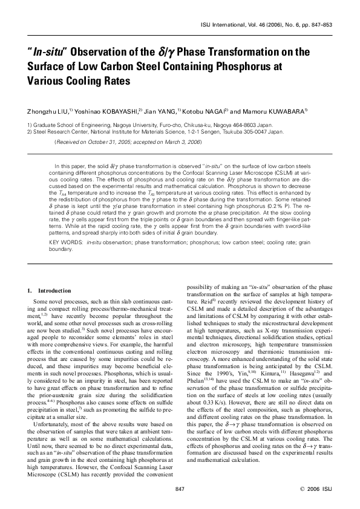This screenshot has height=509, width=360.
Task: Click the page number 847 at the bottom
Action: pyautogui.click(x=179, y=488)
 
